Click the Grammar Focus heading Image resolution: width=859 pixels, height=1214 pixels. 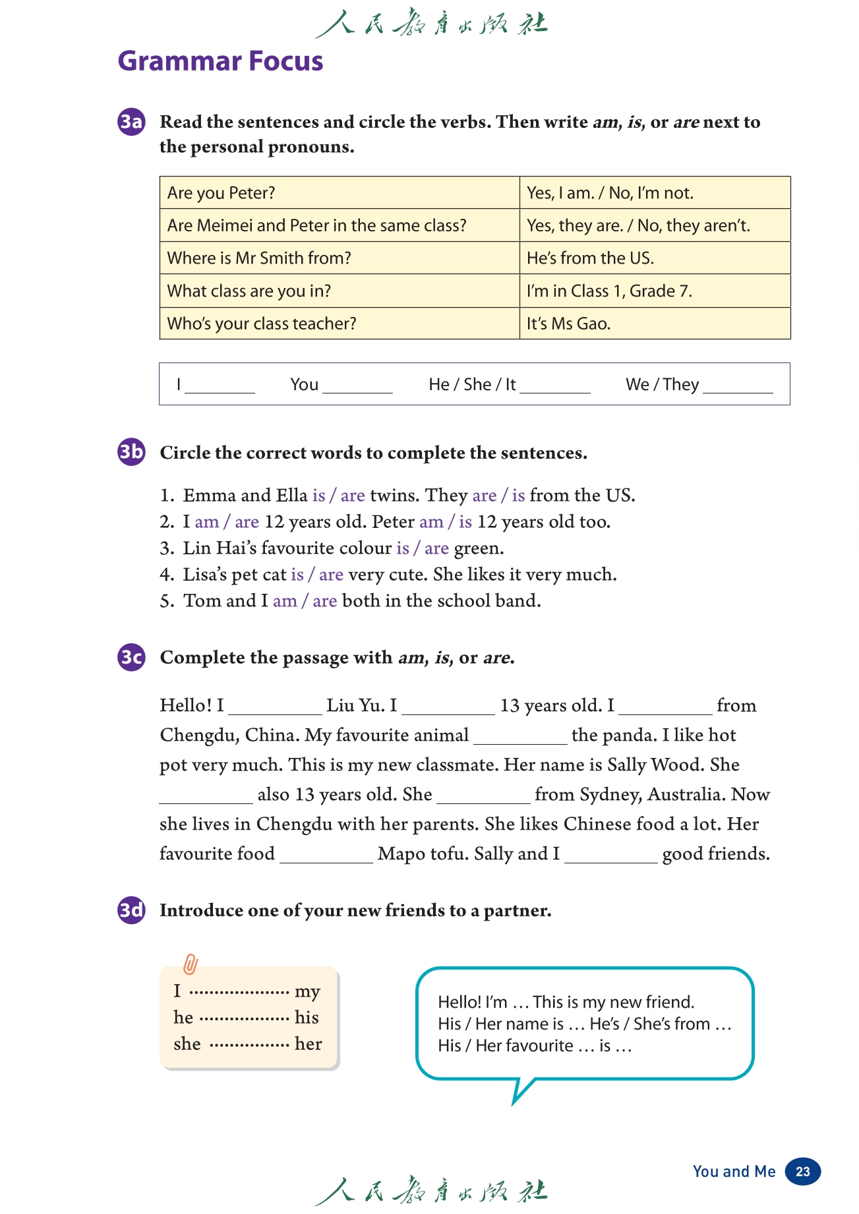220,61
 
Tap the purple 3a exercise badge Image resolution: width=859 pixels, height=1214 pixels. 131,122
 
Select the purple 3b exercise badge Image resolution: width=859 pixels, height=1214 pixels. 131,452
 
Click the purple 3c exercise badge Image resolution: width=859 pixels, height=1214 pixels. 131,657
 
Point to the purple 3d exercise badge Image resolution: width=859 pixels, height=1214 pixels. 131,910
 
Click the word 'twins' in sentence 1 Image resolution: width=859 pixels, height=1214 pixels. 392,496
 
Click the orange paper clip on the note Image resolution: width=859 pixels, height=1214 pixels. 190,964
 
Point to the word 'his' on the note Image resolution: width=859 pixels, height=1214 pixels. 307,1018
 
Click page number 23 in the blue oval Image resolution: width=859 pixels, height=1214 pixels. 802,1171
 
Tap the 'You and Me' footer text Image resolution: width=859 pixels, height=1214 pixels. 734,1171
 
